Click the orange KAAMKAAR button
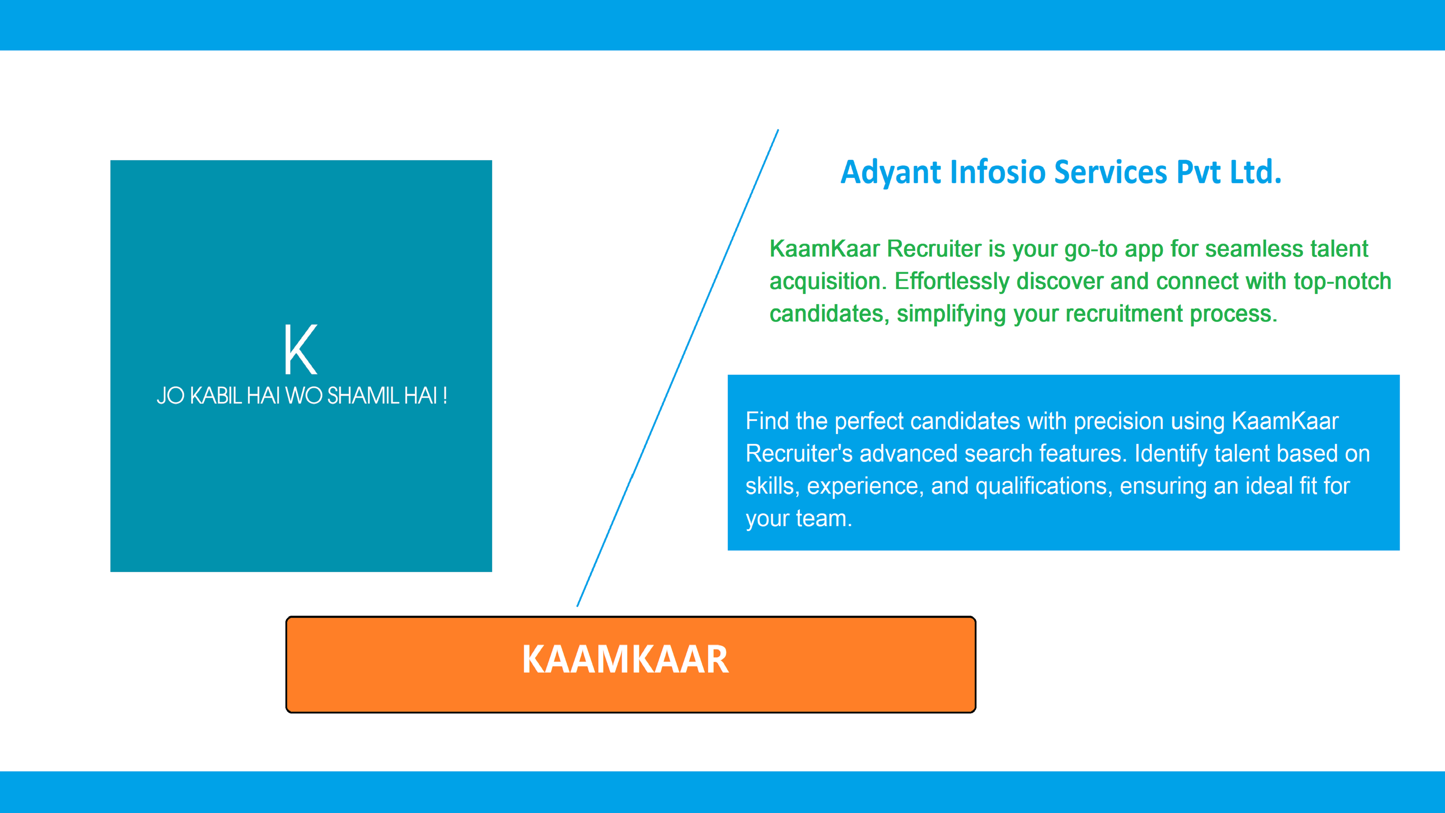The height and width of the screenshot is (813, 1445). coord(630,664)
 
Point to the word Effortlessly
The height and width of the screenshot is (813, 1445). coord(952,282)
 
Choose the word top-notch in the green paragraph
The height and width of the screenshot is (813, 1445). coord(1342,282)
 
